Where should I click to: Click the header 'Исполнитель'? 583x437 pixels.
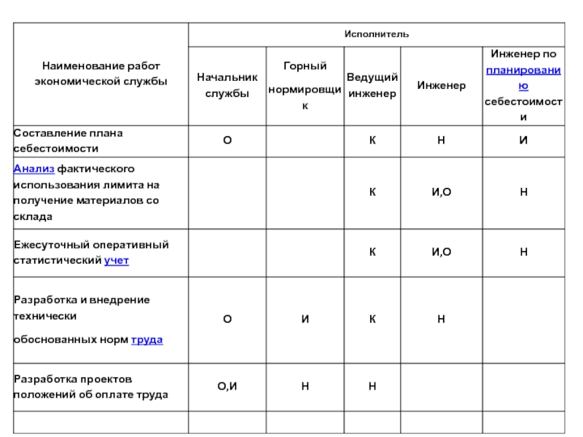click(x=377, y=34)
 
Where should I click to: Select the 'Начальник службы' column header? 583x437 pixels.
click(x=227, y=85)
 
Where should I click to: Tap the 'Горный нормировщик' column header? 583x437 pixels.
click(x=305, y=86)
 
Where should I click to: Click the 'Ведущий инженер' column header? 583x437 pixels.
click(x=372, y=85)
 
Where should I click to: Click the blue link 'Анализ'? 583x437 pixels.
click(x=28, y=168)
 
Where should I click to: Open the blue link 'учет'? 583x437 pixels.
click(x=117, y=260)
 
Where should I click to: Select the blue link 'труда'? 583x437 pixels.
click(x=146, y=339)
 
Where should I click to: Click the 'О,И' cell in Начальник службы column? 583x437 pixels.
click(x=227, y=386)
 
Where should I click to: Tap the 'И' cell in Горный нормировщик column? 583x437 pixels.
click(x=305, y=319)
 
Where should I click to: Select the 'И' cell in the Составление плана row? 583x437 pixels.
click(x=523, y=140)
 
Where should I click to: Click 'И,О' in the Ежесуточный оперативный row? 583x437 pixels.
click(x=441, y=252)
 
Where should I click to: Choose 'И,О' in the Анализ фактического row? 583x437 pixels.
click(x=441, y=192)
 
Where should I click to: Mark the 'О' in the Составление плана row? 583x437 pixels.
click(x=227, y=140)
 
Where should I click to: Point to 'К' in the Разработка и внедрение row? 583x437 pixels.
click(x=372, y=319)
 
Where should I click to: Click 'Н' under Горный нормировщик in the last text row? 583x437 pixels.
click(x=305, y=386)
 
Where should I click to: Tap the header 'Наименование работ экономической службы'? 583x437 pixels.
click(x=101, y=73)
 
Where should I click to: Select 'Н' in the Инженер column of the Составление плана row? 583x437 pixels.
click(x=441, y=140)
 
